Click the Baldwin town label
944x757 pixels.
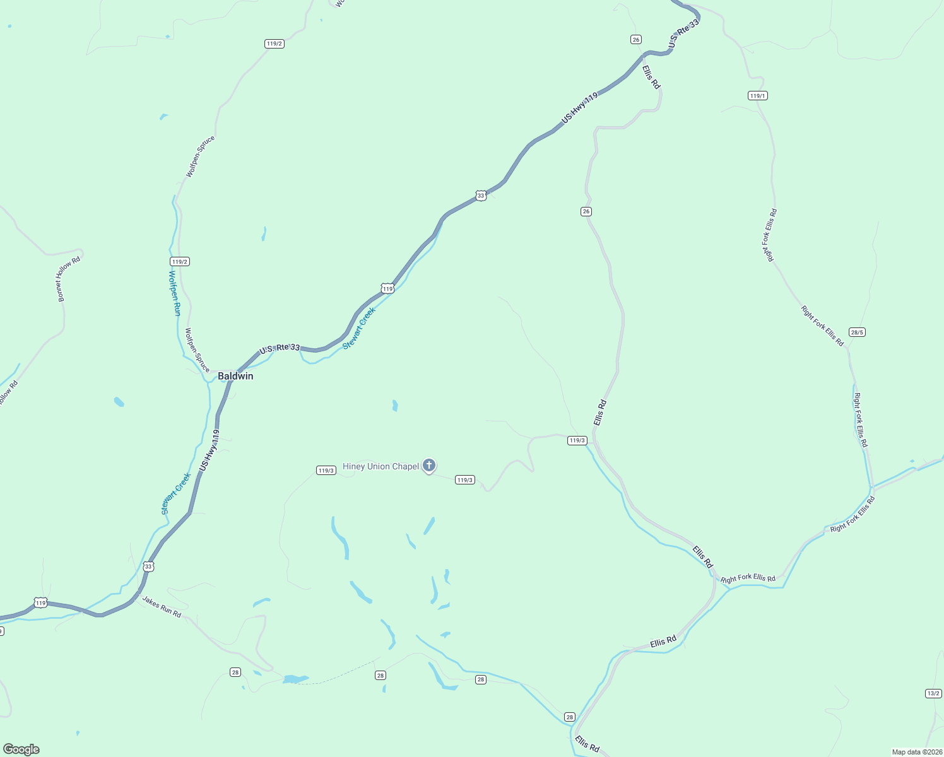point(235,376)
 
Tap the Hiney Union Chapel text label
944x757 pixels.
point(381,467)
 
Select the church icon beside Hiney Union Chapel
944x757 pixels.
point(429,466)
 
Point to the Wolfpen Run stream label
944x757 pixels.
point(175,293)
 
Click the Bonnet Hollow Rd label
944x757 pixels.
point(69,279)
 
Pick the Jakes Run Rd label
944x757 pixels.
point(161,606)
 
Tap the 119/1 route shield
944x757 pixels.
point(757,96)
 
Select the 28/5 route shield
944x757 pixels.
point(857,332)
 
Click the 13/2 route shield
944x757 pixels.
point(933,693)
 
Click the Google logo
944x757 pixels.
point(21,749)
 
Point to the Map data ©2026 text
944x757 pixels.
point(916,752)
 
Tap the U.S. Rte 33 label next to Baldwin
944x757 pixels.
point(280,348)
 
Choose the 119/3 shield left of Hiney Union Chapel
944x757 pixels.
point(326,471)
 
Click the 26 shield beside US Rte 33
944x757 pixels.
point(635,40)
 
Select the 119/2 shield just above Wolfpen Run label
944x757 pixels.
point(180,261)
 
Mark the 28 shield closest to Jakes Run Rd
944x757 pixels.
point(235,672)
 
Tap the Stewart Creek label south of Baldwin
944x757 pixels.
point(176,493)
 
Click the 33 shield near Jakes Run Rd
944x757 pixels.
point(148,566)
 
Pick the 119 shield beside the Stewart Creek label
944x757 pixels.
point(387,289)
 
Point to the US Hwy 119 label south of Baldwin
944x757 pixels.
point(209,450)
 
